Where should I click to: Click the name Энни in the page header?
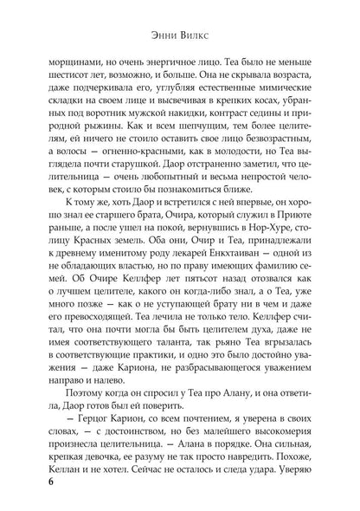[x=159, y=36]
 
